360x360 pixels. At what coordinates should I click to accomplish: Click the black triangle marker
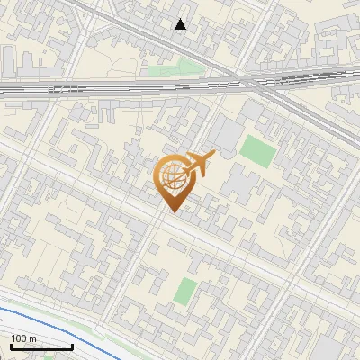coord(181,24)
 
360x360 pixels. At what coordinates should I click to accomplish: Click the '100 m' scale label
coord(24,338)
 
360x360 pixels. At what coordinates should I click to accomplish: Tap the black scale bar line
coord(41,346)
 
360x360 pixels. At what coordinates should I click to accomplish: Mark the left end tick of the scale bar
coord(12,345)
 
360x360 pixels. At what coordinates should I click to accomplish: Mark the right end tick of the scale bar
coord(72,345)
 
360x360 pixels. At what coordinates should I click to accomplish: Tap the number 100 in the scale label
coord(20,338)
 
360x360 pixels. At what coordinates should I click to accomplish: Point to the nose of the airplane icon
coord(213,156)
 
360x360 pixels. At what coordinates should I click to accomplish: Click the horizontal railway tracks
coord(108,87)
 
